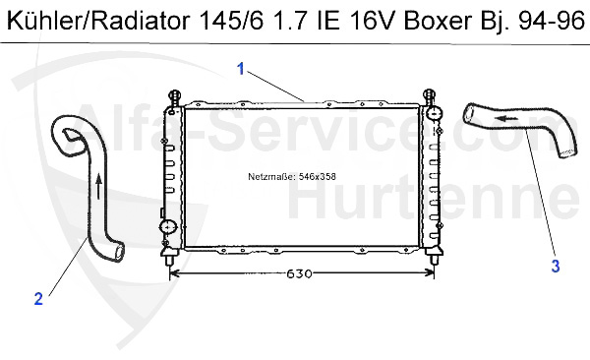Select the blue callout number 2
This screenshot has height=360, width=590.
coord(38,300)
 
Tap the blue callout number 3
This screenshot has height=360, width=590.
coord(555,266)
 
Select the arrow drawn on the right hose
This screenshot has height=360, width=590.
coord(506,117)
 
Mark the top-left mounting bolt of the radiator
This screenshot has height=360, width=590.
coord(175,97)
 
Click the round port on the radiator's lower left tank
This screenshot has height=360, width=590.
coord(166,228)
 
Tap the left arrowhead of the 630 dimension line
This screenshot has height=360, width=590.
coord(175,272)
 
